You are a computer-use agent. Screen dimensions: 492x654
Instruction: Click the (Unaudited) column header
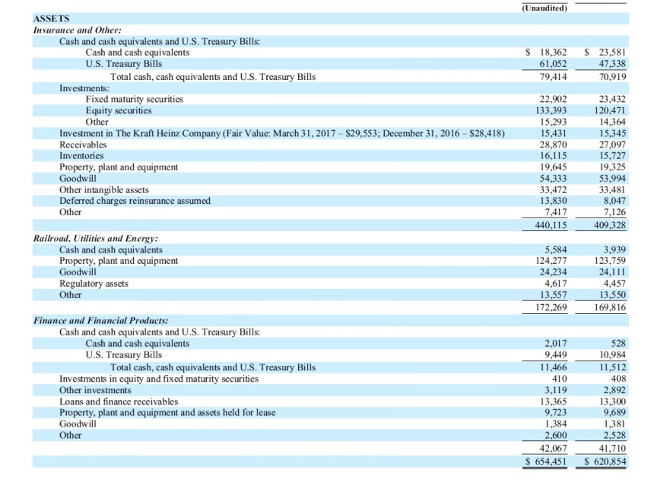point(544,8)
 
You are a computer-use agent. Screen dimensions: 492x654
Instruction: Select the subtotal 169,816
point(607,308)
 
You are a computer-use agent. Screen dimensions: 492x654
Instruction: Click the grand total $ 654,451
point(548,462)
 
